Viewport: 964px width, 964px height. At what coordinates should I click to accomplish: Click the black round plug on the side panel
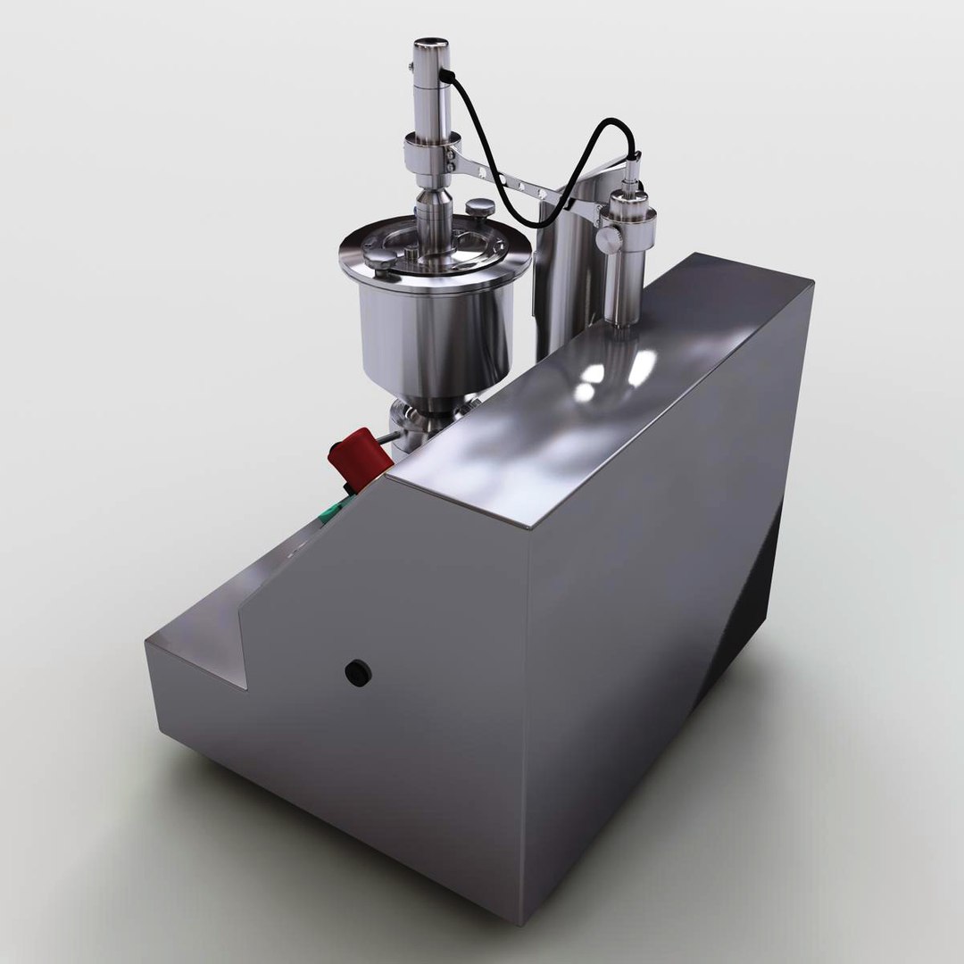tap(358, 672)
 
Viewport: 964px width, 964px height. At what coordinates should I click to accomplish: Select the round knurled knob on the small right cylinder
tap(607, 239)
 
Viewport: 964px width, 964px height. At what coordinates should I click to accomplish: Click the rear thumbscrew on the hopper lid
tap(483, 208)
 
